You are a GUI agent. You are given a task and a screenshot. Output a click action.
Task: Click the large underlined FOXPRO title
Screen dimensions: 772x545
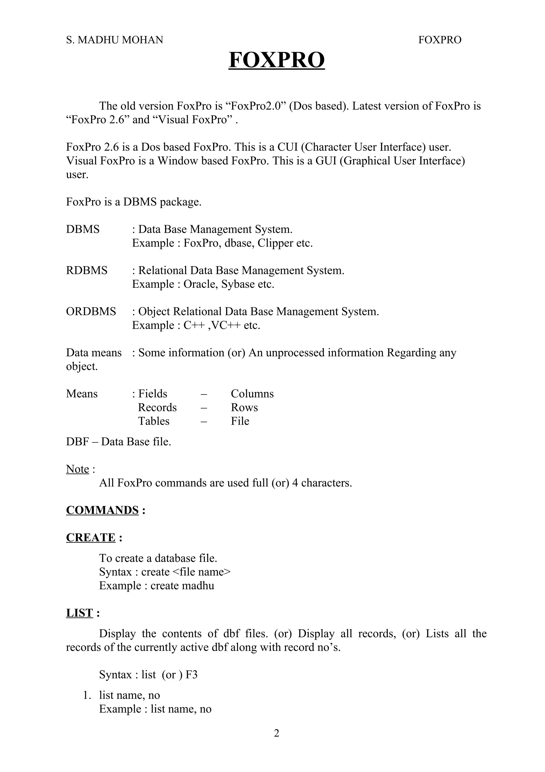pos(276,60)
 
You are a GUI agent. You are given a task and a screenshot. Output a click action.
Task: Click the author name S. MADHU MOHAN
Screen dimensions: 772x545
pos(114,40)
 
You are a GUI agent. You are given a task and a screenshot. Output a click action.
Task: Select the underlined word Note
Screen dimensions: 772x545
pos(77,469)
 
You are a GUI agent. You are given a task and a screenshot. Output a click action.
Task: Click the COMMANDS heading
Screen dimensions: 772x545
pos(102,510)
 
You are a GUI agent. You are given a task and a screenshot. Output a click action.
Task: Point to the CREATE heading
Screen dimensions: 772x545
pos(91,538)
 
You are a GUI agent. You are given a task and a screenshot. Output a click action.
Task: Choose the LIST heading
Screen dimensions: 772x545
pos(79,613)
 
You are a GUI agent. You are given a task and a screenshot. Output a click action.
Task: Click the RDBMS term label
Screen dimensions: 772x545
pos(87,270)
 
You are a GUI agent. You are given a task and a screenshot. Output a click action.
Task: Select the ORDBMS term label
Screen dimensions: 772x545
pos(91,311)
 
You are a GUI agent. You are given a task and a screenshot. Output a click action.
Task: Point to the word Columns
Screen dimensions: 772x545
pos(252,394)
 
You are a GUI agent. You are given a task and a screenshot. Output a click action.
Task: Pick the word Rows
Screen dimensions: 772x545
pos(244,408)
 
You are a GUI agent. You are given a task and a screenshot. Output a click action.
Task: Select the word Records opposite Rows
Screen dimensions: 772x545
pos(157,408)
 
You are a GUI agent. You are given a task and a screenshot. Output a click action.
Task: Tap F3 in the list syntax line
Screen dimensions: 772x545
pos(191,675)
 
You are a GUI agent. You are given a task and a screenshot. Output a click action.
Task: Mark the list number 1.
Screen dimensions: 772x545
pos(87,695)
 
